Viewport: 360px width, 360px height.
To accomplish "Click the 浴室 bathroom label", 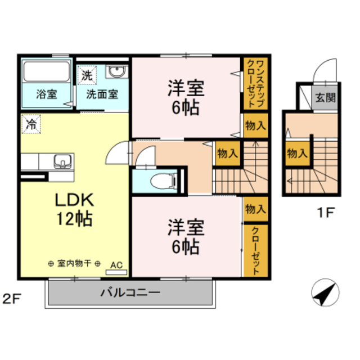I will tap(47, 94).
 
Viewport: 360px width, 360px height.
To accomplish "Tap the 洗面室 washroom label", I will tap(102, 94).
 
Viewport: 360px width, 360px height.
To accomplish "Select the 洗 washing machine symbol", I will tap(87, 74).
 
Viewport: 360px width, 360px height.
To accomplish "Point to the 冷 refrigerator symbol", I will tap(31, 124).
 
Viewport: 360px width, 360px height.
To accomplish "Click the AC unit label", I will tap(117, 265).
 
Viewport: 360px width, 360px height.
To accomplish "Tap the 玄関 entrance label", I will tap(325, 97).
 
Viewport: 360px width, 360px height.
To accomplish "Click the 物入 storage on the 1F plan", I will tap(296, 152).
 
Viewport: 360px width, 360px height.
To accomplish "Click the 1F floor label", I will tap(325, 214).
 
